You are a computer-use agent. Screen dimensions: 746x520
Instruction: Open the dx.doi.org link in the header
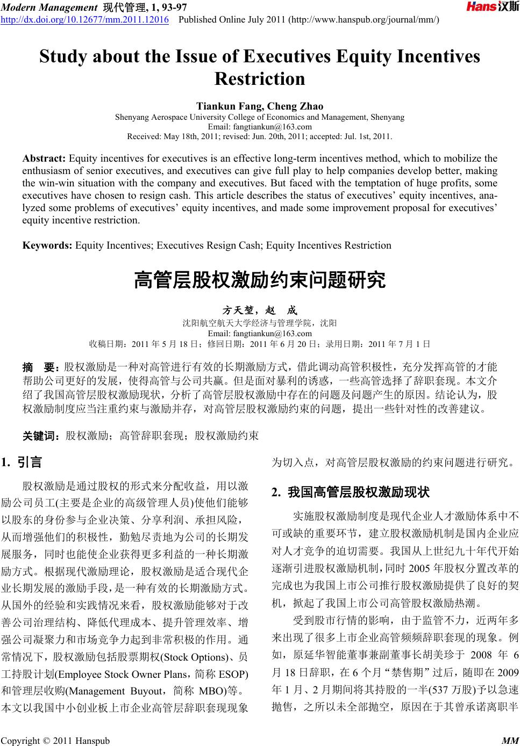[x=84, y=20]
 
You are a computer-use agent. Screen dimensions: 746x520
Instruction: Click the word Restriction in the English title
[x=260, y=79]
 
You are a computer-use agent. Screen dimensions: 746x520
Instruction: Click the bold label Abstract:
[x=44, y=158]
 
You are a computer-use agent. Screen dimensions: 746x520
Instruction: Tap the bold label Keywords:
[x=47, y=245]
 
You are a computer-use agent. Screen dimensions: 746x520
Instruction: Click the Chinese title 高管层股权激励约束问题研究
[x=260, y=280]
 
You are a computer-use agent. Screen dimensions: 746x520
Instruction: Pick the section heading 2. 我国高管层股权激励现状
[x=351, y=491]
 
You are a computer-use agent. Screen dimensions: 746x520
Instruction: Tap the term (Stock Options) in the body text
[x=193, y=657]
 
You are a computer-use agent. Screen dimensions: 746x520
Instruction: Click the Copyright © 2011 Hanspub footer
[x=55, y=741]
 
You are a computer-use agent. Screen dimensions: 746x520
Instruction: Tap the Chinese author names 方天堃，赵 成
[x=260, y=311]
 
